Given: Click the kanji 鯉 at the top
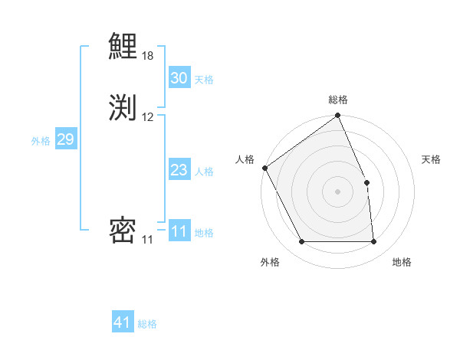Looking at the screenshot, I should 123,47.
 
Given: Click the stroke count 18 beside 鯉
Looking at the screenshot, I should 148,57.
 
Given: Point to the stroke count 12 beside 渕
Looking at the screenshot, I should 148,116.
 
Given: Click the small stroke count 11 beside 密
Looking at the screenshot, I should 147,240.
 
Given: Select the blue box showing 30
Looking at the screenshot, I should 179,78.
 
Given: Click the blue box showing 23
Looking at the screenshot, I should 179,170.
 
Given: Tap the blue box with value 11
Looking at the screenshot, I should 179,231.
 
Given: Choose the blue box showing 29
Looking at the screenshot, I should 65,139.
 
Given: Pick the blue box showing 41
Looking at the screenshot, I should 123,322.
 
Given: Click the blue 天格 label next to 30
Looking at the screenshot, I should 204,79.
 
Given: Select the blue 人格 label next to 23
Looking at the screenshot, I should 204,171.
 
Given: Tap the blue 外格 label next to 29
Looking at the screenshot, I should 41,140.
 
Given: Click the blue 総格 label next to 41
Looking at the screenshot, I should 147,323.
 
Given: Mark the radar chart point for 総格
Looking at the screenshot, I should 337,116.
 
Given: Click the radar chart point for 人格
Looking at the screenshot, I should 264,168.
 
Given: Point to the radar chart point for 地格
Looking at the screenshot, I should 373,242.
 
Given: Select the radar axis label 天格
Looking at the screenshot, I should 431,159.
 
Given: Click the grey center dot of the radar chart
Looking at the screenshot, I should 337,191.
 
